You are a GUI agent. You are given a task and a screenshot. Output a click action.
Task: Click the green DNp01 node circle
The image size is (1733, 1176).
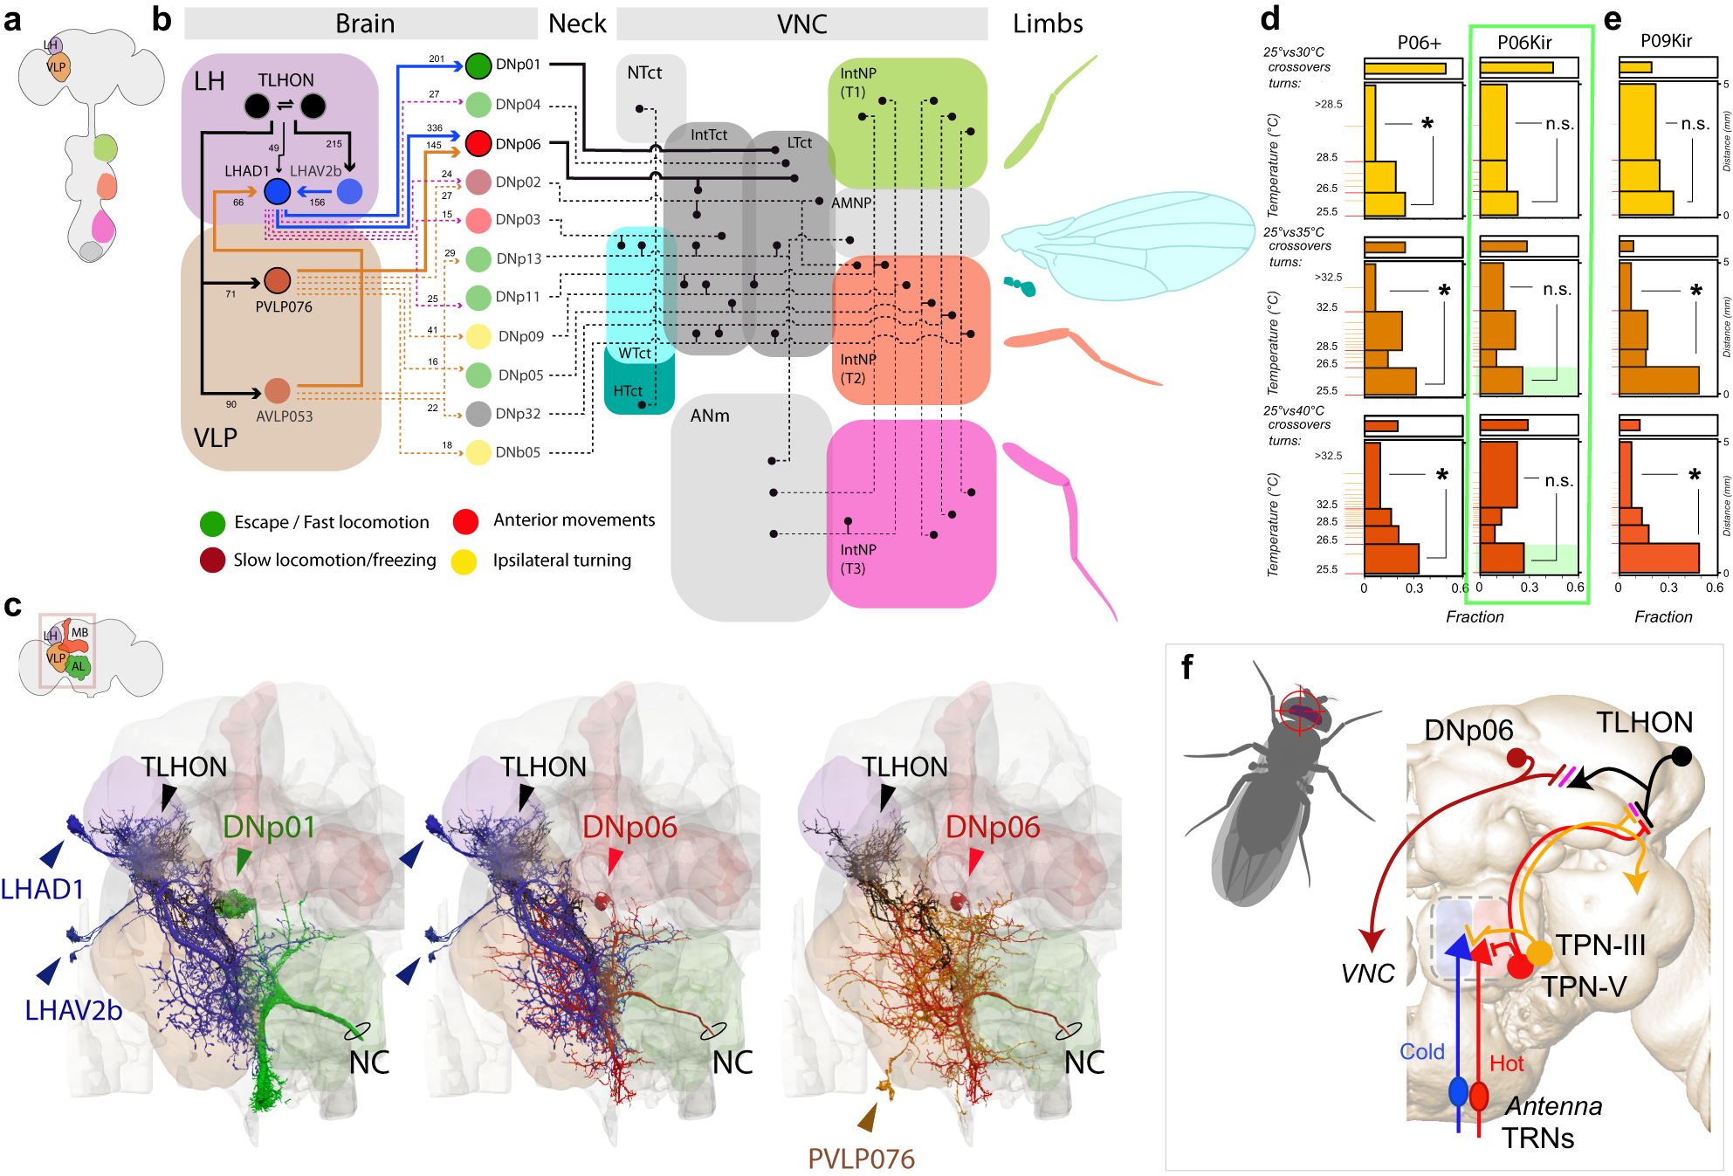[478, 65]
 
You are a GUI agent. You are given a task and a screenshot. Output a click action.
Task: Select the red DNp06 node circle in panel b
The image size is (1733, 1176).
[478, 143]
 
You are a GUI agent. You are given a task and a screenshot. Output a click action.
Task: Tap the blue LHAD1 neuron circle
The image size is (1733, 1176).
[277, 191]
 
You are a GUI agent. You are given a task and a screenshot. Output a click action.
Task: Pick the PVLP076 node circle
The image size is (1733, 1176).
[277, 280]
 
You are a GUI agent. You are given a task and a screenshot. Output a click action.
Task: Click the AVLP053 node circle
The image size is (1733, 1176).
[277, 390]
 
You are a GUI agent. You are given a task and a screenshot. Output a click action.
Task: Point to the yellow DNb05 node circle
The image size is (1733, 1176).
[478, 452]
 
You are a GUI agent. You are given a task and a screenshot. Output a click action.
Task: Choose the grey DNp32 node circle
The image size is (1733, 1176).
[478, 414]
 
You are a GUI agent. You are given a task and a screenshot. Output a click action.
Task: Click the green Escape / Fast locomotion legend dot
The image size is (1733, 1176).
[212, 523]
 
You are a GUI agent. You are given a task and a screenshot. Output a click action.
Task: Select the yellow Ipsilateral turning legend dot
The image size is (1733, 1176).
[464, 561]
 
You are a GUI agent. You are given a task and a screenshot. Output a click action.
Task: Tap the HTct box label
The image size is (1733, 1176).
[627, 391]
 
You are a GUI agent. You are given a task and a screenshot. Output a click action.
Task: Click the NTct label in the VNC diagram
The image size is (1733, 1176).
[644, 73]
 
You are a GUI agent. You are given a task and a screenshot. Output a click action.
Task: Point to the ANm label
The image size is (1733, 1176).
[710, 416]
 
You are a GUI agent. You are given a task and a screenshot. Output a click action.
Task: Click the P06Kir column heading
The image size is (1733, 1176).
[1524, 43]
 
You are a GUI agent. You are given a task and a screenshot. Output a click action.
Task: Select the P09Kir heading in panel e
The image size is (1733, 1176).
[1666, 41]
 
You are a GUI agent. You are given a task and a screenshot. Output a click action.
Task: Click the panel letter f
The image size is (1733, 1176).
[1187, 667]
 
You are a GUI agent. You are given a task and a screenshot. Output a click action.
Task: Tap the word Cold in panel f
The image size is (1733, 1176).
[1421, 1052]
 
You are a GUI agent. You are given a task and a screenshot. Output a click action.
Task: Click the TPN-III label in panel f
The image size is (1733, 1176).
[1600, 946]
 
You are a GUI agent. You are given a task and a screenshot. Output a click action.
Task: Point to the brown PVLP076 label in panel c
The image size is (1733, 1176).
[861, 1159]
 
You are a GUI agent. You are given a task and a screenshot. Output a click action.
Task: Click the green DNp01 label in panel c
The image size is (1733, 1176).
[269, 827]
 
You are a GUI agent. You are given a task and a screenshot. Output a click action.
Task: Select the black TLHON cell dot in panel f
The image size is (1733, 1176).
[1681, 756]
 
